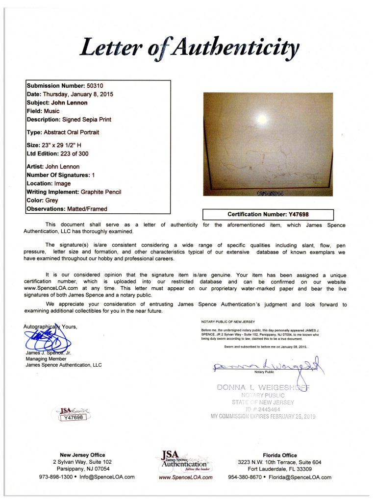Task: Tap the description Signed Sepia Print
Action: (86, 119)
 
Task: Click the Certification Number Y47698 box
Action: (268, 214)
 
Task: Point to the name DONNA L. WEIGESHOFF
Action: (264, 388)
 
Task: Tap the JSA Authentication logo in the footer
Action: (185, 461)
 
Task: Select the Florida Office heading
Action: (279, 455)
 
